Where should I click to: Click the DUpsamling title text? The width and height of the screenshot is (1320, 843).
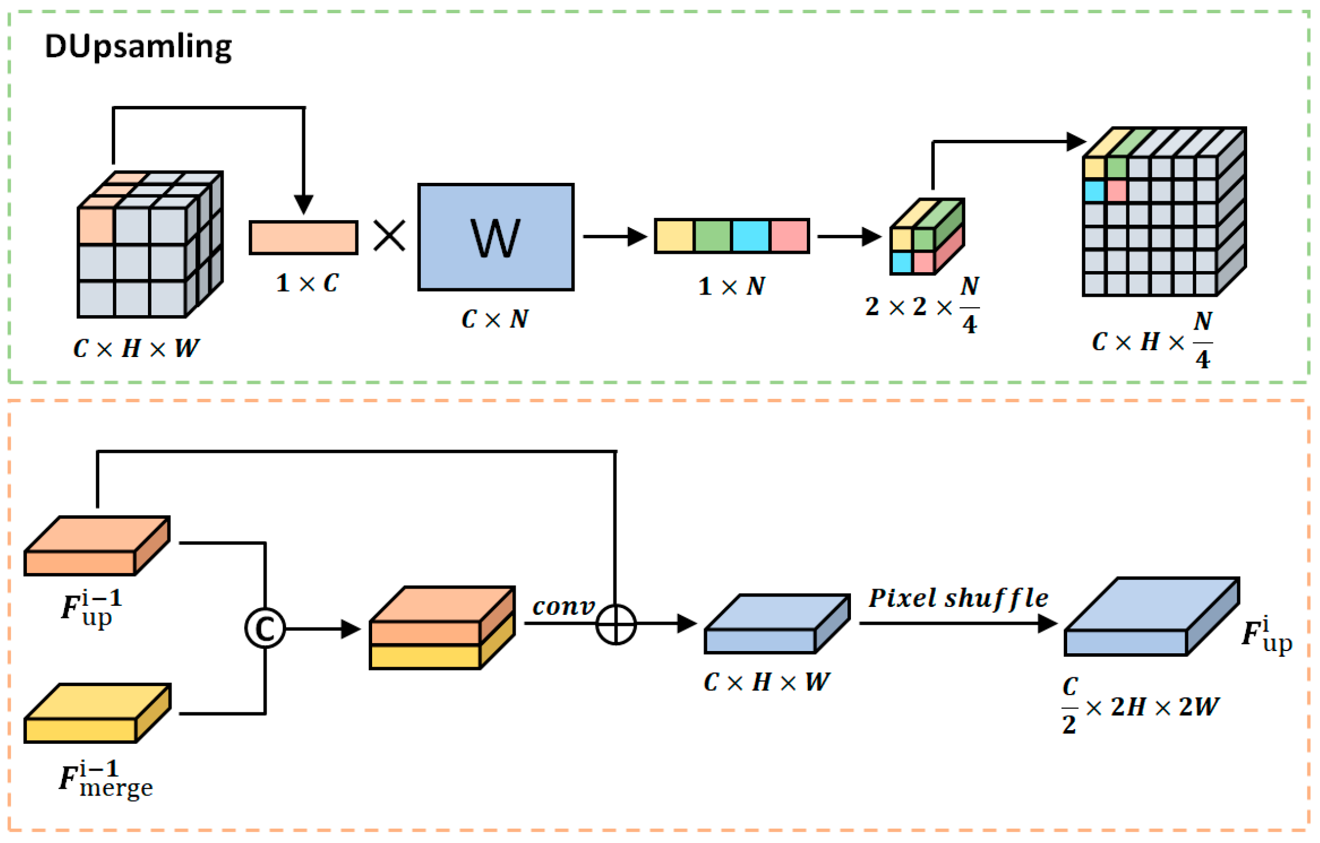[x=138, y=47]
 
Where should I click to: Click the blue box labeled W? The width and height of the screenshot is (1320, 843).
[x=496, y=237]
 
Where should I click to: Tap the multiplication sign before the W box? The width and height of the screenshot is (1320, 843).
[x=389, y=236]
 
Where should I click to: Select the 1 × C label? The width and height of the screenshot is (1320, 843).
[x=307, y=283]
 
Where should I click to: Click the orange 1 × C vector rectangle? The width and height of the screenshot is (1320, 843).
[x=304, y=237]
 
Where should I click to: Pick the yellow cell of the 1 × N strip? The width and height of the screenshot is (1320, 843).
[x=675, y=236]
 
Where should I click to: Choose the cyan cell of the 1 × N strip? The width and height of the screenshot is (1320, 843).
[x=751, y=236]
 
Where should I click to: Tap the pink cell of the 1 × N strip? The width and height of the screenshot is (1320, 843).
[x=790, y=236]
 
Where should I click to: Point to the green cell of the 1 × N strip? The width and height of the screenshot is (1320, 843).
[x=713, y=236]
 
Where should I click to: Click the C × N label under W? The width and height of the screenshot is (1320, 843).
[x=495, y=319]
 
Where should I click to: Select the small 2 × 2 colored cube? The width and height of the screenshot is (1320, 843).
[x=927, y=237]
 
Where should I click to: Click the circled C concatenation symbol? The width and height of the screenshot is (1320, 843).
[x=265, y=629]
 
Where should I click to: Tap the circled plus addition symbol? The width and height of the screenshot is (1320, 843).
[x=616, y=624]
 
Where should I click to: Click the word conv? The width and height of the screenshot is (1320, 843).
[x=564, y=606]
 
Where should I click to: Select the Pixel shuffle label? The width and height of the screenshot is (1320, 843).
[x=958, y=598]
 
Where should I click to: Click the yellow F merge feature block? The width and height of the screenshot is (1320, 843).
[x=97, y=713]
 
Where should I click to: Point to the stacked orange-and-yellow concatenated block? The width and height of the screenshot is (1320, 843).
[x=442, y=628]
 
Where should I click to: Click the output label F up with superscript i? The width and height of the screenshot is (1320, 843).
[x=1267, y=634]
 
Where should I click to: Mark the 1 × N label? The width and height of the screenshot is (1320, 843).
[x=731, y=286]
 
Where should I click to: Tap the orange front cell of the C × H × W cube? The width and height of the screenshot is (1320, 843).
[x=96, y=226]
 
